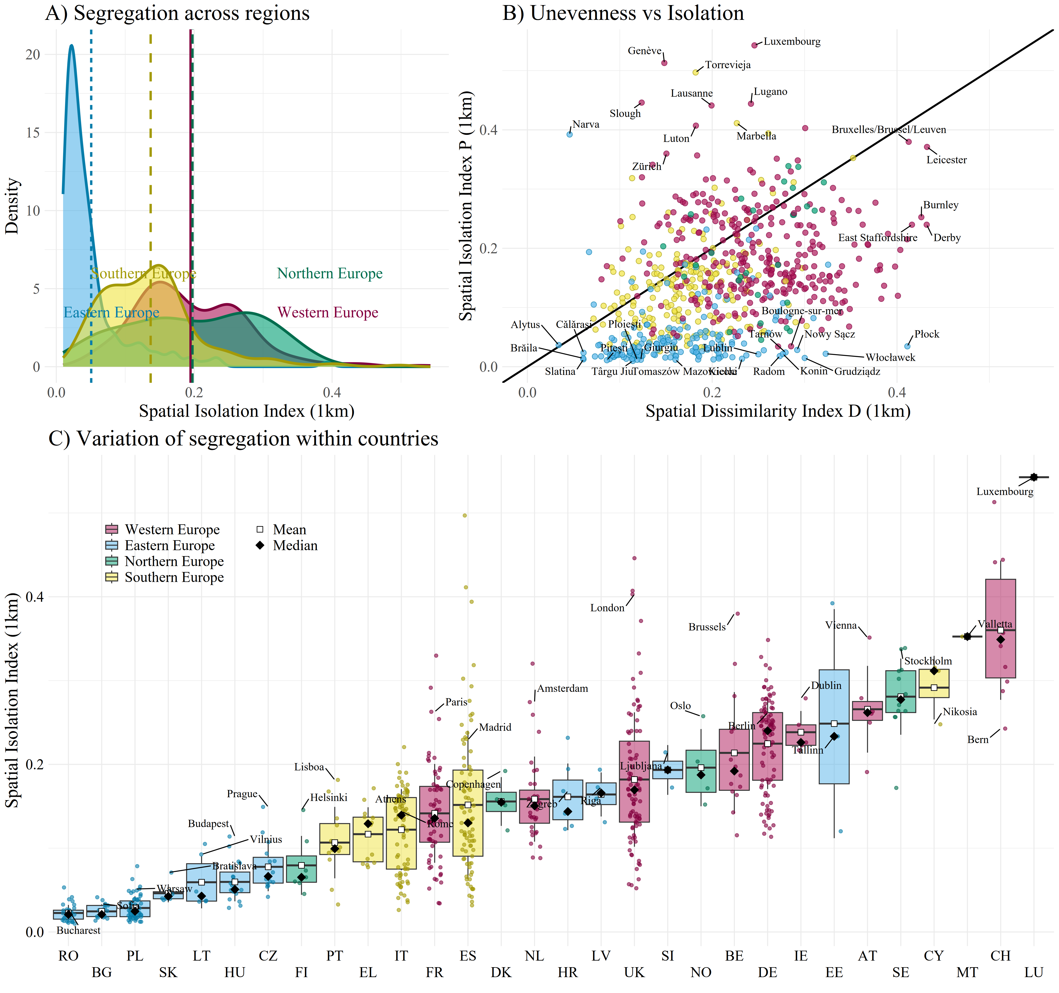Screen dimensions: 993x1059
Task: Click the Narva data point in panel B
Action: point(569,134)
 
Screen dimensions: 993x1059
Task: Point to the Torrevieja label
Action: point(728,65)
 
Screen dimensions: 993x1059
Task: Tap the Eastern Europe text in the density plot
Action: point(111,313)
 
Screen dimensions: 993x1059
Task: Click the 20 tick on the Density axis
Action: point(33,54)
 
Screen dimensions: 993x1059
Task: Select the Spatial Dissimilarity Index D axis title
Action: point(778,411)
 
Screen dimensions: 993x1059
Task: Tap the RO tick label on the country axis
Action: point(68,956)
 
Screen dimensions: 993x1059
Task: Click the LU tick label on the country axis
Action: point(1033,973)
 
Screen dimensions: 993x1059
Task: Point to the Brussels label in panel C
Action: point(707,627)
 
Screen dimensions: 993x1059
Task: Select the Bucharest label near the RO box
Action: point(78,930)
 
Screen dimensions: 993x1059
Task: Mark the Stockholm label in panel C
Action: point(928,661)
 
